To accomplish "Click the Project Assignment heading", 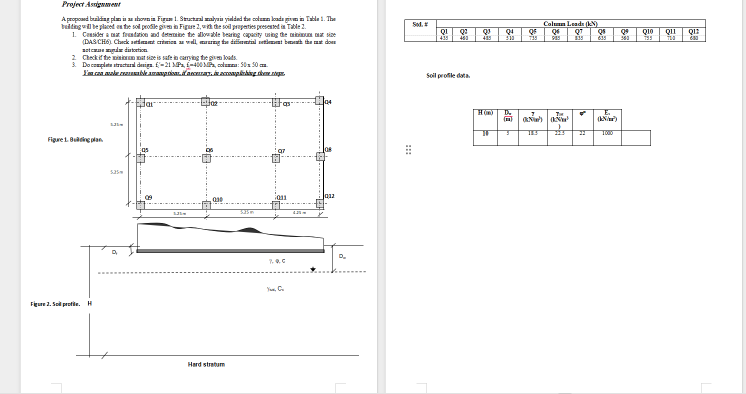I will pos(91,4).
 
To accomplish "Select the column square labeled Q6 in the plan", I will pos(206,158).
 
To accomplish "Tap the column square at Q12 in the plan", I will pos(320,203).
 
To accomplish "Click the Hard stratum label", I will pos(206,364).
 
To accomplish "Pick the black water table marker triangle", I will pos(313,269).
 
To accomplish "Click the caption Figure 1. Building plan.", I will pos(75,139).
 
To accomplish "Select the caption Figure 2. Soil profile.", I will pos(55,304).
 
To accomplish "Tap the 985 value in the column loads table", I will pos(556,38).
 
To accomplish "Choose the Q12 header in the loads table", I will pos(693,31).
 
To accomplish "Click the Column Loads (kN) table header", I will pos(570,23).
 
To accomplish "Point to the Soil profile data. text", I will pos(448,76).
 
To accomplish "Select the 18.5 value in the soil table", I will pos(532,133).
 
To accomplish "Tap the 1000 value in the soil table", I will pos(607,133).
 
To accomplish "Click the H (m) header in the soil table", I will pos(485,113).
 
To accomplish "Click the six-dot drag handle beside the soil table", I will pos(408,150).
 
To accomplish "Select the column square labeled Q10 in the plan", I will pos(206,205).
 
